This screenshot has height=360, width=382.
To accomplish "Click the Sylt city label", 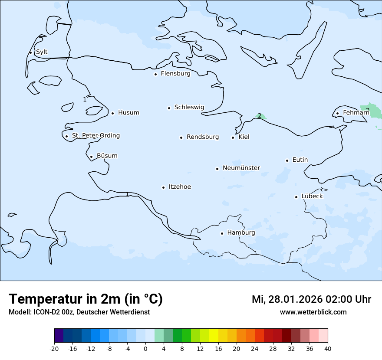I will click(42, 52).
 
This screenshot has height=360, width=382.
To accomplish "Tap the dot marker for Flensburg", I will click(155, 74).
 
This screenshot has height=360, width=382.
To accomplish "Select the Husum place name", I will click(128, 113).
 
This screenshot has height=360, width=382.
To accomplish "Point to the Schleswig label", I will click(189, 107).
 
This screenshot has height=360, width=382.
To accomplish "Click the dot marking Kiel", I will click(233, 137).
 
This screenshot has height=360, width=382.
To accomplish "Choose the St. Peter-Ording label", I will click(95, 136).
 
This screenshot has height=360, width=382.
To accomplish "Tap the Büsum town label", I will click(107, 156).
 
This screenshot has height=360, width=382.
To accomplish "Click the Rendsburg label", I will click(203, 137).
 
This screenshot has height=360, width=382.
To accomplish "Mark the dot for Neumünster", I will click(217, 169).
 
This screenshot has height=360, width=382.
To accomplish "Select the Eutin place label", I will click(300, 160).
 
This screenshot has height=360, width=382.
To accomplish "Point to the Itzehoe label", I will click(179, 187).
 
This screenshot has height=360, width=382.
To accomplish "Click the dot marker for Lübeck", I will click(296, 197).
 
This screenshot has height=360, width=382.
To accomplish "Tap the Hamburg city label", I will click(241, 233).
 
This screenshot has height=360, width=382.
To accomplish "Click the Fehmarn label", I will click(356, 113).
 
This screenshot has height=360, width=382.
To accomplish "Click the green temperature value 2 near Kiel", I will click(260, 116).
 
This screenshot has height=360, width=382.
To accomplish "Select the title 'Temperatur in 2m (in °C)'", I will click(86, 299).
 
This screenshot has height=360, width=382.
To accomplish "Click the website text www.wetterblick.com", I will click(313, 312).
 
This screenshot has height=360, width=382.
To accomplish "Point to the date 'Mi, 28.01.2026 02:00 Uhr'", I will click(311, 299).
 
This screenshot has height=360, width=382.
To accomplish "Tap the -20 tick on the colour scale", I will click(54, 349).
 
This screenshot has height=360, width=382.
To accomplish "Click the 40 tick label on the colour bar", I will click(328, 349).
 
